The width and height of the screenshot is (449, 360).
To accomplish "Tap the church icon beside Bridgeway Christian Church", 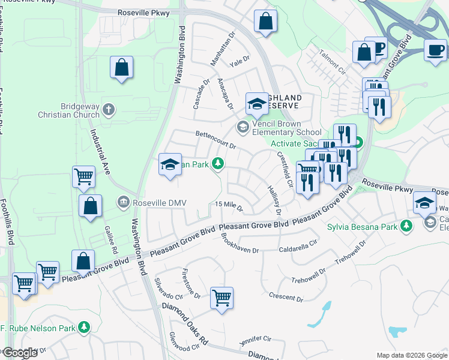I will pyautogui.click(x=109, y=109).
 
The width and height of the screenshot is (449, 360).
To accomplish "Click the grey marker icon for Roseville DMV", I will pyautogui.click(x=124, y=202).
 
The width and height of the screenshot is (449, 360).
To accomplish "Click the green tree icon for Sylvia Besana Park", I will pyautogui.click(x=407, y=226).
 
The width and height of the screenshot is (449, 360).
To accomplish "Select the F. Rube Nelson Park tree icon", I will pyautogui.click(x=85, y=327).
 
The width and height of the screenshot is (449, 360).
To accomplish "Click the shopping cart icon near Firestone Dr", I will pyautogui.click(x=221, y=297).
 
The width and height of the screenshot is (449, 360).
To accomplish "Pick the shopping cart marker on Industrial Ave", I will pyautogui.click(x=83, y=176).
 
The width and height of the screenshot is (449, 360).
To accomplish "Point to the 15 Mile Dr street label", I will pyautogui.click(x=229, y=206).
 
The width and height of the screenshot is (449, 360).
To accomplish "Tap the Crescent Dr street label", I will pyautogui.click(x=286, y=297).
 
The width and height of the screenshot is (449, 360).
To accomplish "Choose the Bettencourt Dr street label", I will pyautogui.click(x=215, y=140).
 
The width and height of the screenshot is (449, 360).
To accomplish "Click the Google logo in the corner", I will pyautogui.click(x=20, y=353).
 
